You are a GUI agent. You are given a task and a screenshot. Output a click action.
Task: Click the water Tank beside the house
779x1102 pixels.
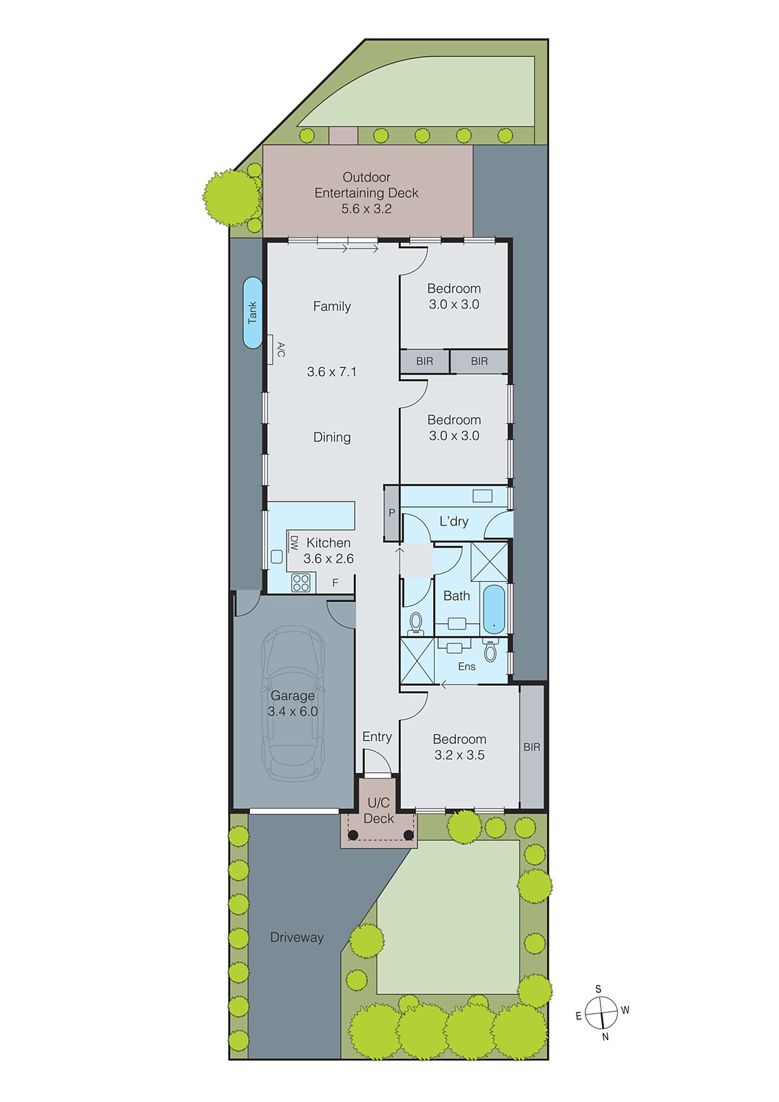(253, 313)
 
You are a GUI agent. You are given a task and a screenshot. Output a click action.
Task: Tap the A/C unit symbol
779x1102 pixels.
(271, 349)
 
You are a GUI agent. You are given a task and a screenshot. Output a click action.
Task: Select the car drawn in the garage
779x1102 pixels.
(293, 703)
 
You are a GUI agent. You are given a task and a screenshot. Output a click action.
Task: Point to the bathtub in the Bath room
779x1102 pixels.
(494, 610)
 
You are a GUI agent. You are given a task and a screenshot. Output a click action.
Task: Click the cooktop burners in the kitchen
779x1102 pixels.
(301, 583)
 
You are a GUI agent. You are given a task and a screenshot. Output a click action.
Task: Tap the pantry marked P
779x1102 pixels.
(391, 513)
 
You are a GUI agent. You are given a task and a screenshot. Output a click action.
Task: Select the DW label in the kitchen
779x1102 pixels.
(294, 543)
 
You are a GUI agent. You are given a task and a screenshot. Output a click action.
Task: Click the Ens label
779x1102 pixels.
(466, 667)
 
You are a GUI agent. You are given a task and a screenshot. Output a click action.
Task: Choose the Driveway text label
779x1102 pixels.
(297, 937)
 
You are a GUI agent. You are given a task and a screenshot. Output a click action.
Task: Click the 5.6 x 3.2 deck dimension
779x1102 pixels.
(366, 209)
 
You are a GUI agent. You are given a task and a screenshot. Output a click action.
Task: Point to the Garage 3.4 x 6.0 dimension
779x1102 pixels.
(293, 711)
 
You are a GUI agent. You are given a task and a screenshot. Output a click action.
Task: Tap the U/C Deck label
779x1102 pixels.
(378, 811)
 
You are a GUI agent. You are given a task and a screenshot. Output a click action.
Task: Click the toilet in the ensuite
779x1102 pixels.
(490, 651)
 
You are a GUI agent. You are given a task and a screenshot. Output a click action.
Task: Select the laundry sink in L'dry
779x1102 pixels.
(482, 496)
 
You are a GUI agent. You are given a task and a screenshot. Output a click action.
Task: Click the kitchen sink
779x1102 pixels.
(277, 557)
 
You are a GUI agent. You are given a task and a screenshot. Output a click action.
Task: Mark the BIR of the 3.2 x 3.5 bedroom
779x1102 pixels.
(532, 747)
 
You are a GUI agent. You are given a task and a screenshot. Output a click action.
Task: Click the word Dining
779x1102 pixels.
(332, 437)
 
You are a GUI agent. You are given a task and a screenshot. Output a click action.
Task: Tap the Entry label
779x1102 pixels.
(377, 737)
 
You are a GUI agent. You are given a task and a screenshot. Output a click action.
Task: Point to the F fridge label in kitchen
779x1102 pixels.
(335, 583)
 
